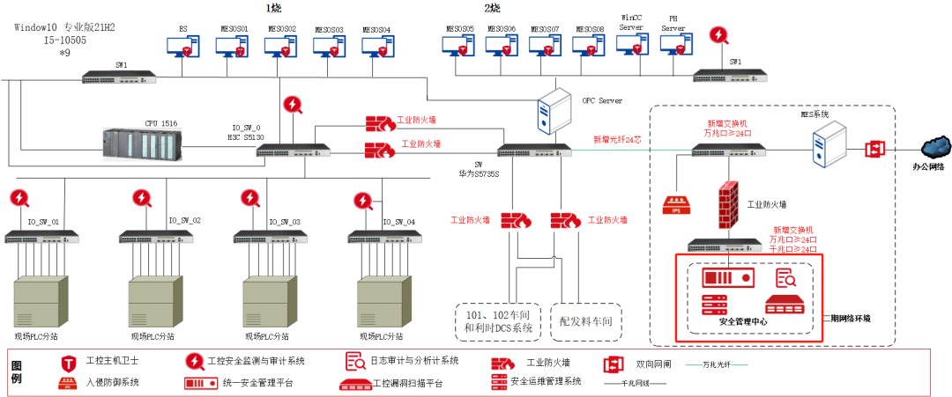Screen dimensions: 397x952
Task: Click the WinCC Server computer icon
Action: (x=632, y=44)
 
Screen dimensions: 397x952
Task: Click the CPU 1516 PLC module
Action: (x=141, y=144)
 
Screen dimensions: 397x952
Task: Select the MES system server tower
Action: (x=829, y=143)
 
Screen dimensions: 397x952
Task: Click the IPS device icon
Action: (x=676, y=206)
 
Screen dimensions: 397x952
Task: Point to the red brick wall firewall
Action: (x=729, y=204)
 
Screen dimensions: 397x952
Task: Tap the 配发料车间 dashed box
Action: (x=586, y=322)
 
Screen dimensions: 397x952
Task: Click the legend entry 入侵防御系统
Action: (x=112, y=383)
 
